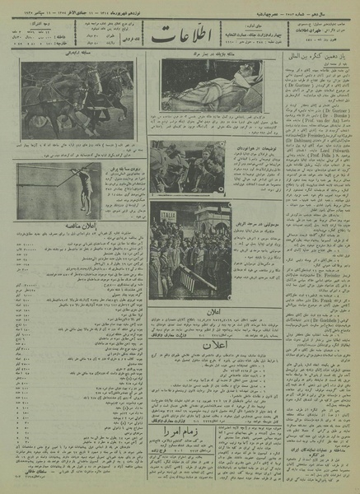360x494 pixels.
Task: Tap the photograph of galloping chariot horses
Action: tap(76, 100)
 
